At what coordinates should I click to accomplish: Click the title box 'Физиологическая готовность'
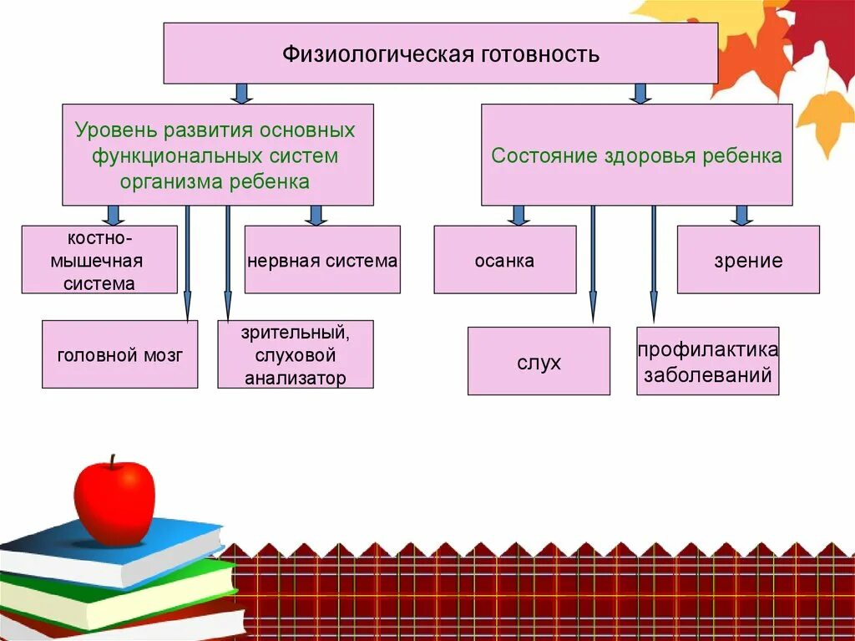pos(440,53)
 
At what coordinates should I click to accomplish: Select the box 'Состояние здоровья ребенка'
pos(636,155)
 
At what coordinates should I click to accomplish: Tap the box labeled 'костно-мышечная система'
pos(99,259)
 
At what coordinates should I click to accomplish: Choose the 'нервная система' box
pos(322,259)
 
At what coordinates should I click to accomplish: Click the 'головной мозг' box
pos(120,354)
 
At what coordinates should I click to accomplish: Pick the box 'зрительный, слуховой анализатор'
pos(296,354)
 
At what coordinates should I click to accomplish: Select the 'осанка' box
pos(505,259)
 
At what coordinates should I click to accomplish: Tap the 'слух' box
pos(539,361)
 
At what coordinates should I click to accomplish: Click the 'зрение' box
pos(748,259)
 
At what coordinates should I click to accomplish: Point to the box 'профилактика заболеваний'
pos(707,361)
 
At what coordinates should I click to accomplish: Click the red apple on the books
pos(114,500)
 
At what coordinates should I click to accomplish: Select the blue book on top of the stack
pos(117,552)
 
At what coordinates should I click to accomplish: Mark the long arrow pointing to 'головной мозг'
pos(187,263)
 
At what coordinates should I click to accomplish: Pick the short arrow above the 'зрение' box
pos(741,216)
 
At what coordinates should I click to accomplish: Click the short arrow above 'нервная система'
pos(315,216)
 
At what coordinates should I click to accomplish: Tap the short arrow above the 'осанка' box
pos(519,216)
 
